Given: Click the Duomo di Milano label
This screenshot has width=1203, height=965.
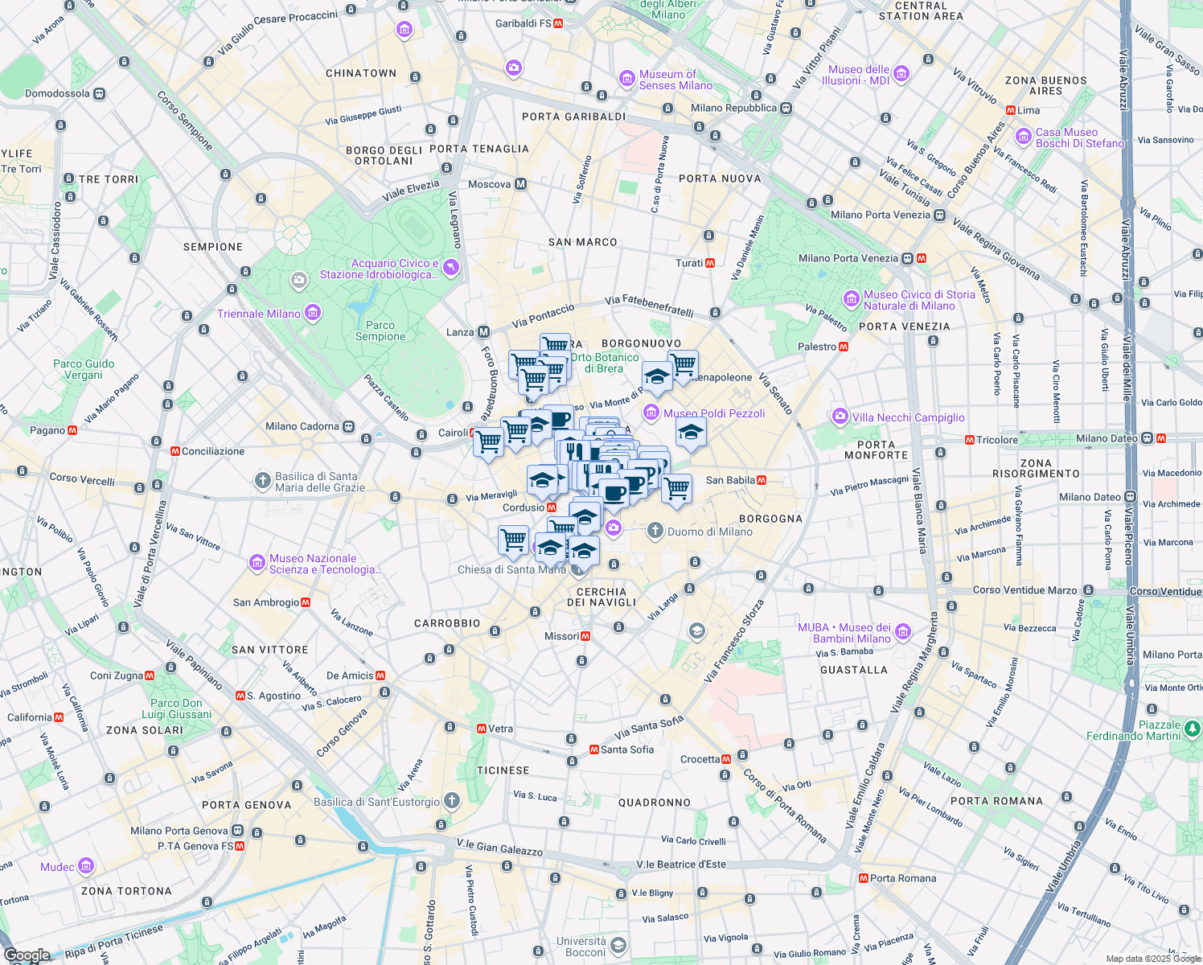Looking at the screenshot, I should (709, 532).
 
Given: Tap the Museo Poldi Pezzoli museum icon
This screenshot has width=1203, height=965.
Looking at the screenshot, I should (651, 413).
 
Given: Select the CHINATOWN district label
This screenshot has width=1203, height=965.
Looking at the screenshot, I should (361, 73).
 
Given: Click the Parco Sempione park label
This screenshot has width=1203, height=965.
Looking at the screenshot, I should (380, 331).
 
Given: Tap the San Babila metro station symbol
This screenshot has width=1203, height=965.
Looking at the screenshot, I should (762, 480).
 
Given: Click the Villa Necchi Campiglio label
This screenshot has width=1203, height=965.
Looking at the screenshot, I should (908, 417).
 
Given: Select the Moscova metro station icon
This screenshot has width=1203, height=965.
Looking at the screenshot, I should (520, 184).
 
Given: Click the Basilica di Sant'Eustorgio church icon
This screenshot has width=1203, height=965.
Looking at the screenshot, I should (452, 800).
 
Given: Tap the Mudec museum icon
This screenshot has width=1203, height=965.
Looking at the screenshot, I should (86, 866).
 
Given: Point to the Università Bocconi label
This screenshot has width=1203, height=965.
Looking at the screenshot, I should (581, 947).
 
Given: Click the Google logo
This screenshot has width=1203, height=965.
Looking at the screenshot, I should (27, 955).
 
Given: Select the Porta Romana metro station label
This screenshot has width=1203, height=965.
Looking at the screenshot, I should (902, 878).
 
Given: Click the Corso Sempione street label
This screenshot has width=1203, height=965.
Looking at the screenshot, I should (185, 121).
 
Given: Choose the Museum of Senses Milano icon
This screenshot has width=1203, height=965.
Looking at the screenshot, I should (627, 79).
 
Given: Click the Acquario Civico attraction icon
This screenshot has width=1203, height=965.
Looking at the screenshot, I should (451, 268).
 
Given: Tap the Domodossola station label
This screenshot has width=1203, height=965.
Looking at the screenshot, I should (57, 93).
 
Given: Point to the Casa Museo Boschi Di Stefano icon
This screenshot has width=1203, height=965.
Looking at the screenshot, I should (1024, 137).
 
